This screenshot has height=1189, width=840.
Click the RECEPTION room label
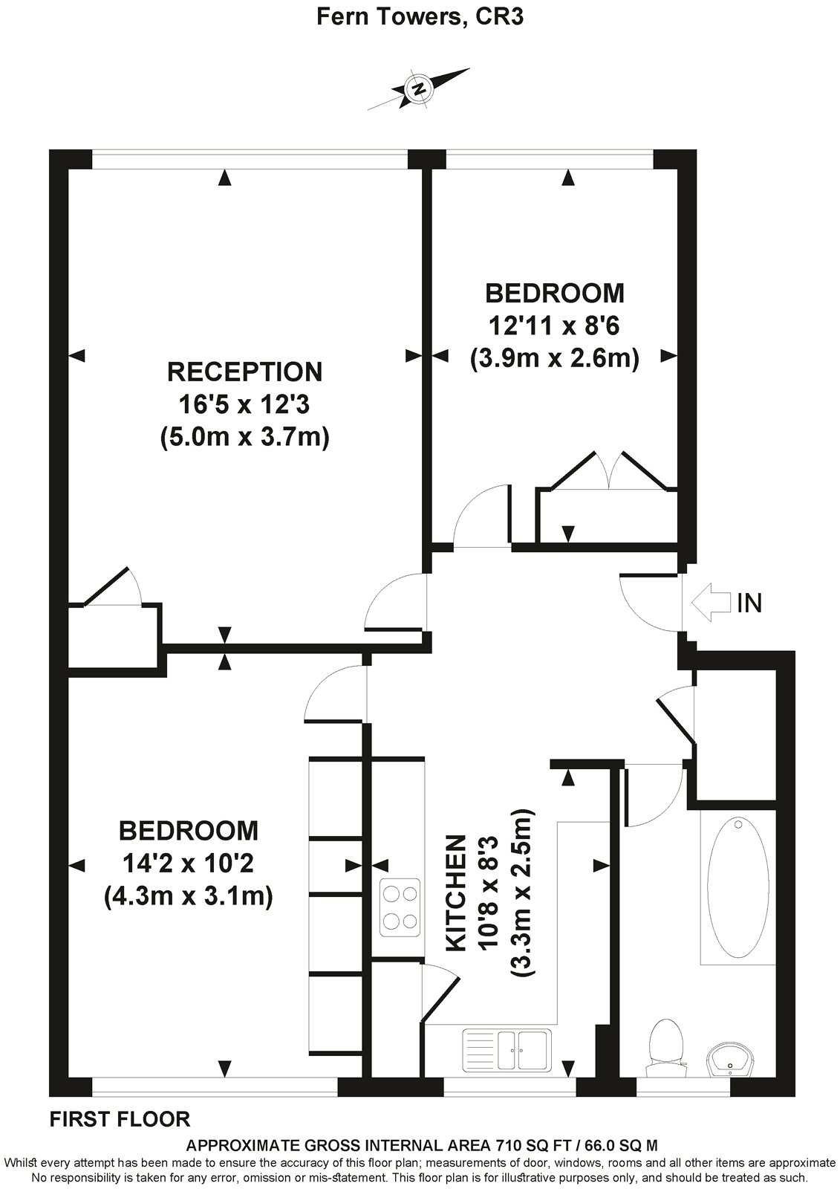[x=244, y=371]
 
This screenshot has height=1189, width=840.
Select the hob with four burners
[x=400, y=907]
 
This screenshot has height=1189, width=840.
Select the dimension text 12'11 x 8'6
[x=554, y=326]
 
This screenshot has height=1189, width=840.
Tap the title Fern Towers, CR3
[x=420, y=17]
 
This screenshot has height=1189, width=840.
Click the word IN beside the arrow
[x=749, y=603]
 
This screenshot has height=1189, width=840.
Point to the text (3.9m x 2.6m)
[x=554, y=359]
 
